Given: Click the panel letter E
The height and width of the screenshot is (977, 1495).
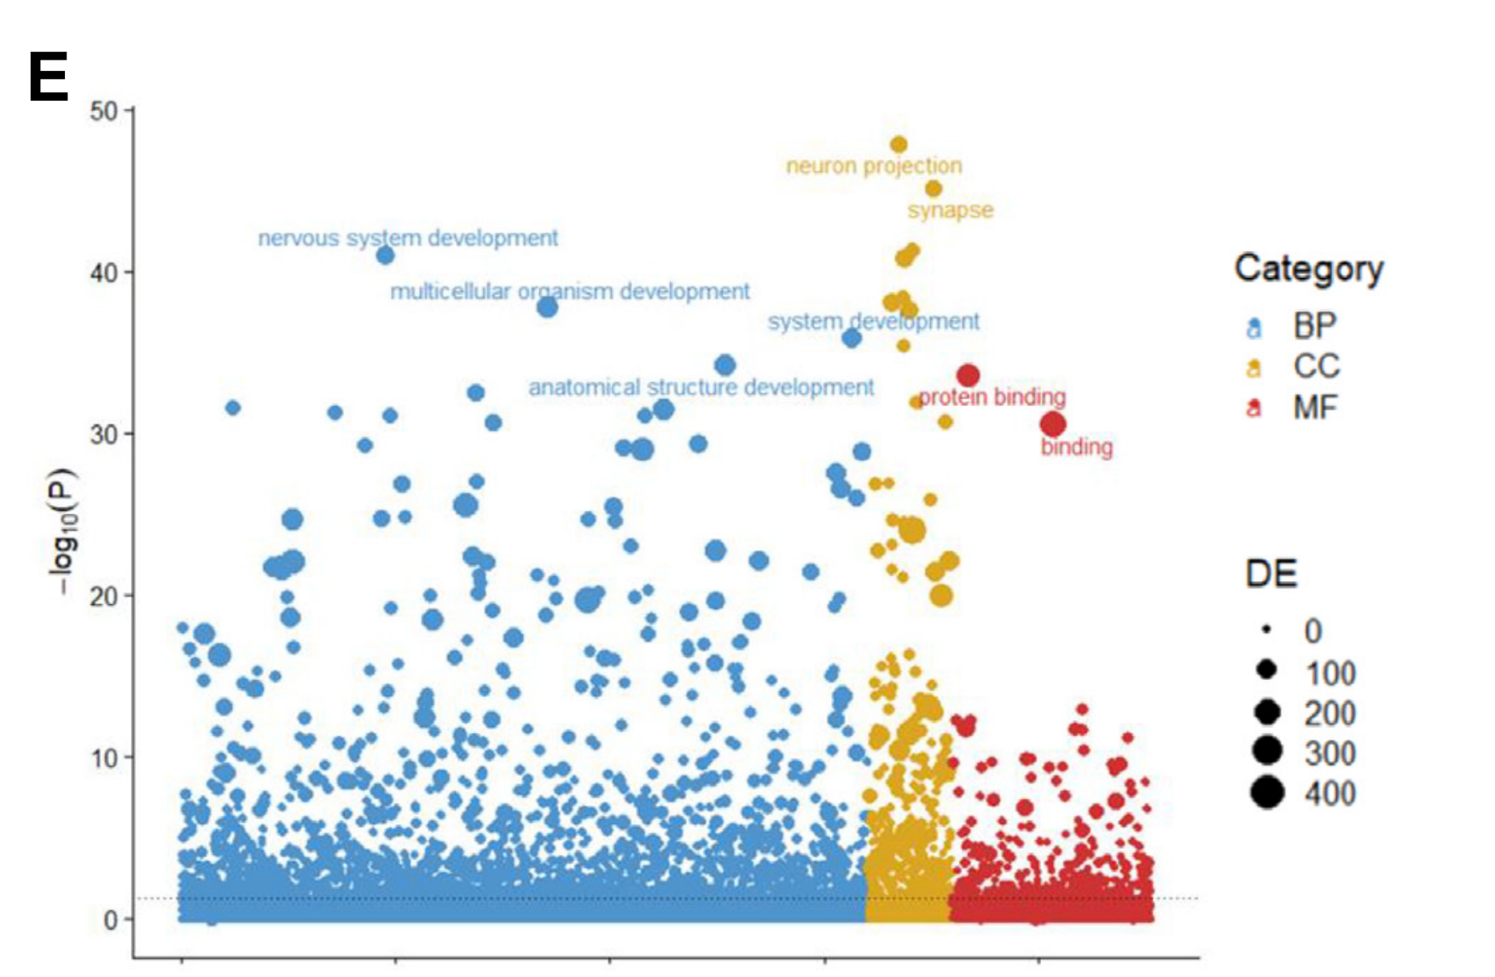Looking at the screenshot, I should [x=48, y=78].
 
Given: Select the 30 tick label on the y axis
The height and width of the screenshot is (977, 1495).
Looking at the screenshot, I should [x=103, y=434].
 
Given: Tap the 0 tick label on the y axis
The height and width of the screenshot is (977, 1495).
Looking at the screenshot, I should [x=111, y=920].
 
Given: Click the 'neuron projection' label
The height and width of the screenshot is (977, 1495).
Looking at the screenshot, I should [x=874, y=166].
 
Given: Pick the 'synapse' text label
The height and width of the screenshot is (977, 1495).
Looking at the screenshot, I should [x=951, y=210].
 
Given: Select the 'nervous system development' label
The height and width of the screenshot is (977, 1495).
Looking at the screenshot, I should [x=408, y=237].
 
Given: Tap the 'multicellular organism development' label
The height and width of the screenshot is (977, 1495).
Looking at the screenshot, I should [x=570, y=292].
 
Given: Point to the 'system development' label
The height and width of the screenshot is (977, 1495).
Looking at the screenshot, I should [x=873, y=322].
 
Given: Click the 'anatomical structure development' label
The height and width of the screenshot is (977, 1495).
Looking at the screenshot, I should [x=701, y=387].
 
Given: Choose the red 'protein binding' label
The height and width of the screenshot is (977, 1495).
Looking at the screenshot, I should [x=992, y=397].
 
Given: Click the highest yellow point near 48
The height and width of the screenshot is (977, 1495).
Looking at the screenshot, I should [x=899, y=145].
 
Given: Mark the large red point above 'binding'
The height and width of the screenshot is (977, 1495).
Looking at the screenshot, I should [x=1053, y=424].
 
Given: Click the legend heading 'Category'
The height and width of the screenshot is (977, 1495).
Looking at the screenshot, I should [x=1309, y=269].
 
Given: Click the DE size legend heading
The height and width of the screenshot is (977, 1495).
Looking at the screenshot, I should [x=1271, y=573].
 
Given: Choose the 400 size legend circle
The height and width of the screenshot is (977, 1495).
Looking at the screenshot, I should [x=1268, y=794].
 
